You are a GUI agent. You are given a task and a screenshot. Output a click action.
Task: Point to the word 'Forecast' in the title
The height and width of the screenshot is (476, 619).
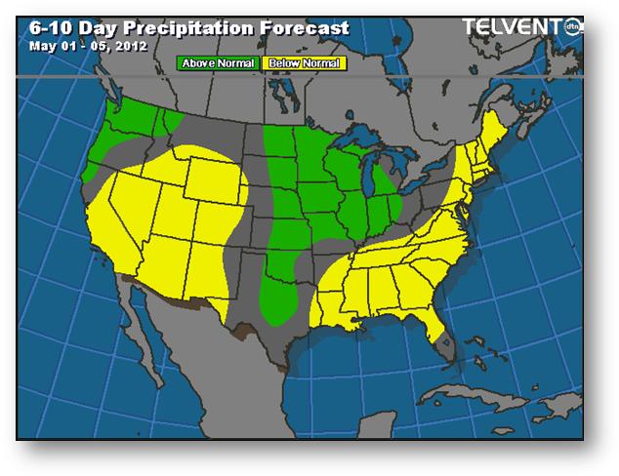pyautogui.click(x=304, y=27)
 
